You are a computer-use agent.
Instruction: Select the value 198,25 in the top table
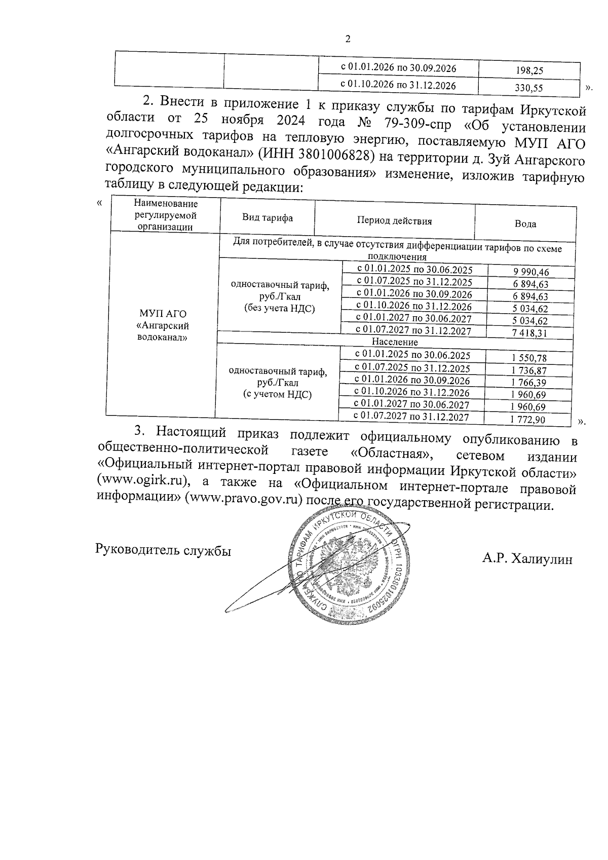point(529,71)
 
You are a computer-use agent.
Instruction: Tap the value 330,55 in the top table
point(529,88)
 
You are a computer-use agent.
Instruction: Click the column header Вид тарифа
point(267,218)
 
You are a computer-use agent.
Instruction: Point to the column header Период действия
point(394,221)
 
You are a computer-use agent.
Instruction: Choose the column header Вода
point(525,223)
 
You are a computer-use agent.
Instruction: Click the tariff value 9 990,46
point(530,272)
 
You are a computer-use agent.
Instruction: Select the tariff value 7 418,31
point(530,333)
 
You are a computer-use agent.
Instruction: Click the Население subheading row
point(394,342)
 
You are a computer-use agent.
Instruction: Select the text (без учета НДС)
point(279,308)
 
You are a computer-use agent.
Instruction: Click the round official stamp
point(347,568)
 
